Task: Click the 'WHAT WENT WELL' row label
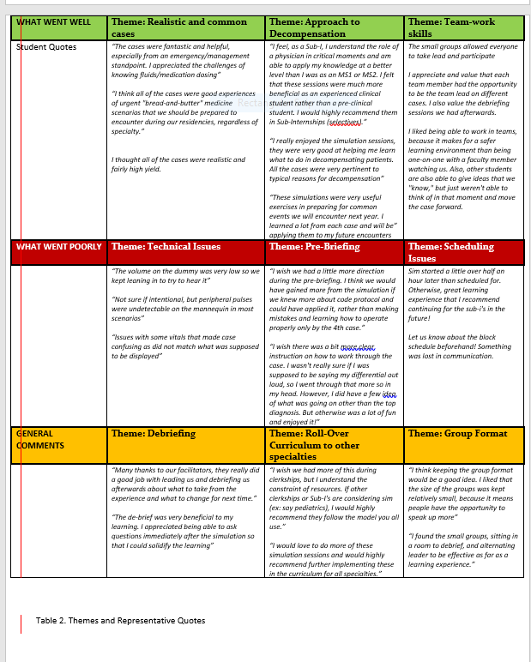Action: pos(53,21)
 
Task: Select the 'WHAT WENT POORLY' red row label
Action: pos(59,247)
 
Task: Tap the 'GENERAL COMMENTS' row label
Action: pos(40,439)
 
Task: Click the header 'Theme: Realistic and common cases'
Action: pos(178,27)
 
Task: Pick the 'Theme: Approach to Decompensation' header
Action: pos(314,27)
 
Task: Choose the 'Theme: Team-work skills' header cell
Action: pos(451,27)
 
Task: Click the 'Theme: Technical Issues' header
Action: pos(166,247)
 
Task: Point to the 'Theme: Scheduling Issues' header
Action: pos(450,252)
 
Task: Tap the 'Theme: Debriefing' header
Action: pos(154,434)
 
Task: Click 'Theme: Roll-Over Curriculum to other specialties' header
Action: pos(315,445)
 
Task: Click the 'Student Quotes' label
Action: pos(46,47)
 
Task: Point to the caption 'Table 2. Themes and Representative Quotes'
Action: pos(120,620)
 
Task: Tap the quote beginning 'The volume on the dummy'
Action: pos(185,275)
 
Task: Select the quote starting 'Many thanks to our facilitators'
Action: pos(184,484)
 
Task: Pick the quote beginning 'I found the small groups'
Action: pos(463,550)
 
